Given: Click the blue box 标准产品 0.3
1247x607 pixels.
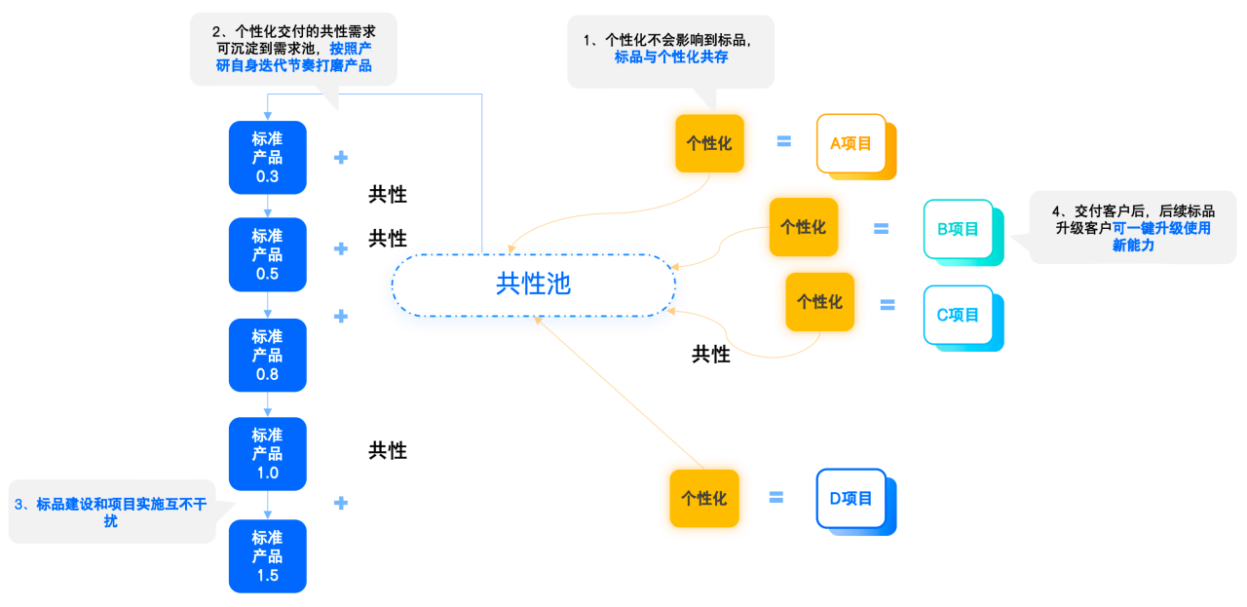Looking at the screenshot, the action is pos(267,158).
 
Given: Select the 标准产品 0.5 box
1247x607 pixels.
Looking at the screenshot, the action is pos(267,254).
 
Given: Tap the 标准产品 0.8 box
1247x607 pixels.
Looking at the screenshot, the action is pos(267,356).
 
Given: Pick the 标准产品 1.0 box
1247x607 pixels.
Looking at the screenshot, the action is pos(267,454).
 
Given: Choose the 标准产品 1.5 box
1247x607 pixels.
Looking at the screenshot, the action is pos(267,556).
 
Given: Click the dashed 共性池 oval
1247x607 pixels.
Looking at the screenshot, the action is pos(533,255).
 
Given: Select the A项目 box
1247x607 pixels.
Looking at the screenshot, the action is pos(851,143).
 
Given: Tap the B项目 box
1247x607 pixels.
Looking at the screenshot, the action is pos(958,229).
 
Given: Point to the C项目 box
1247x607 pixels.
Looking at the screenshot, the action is pos(958,315).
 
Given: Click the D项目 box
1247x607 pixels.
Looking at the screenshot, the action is pos(851,499).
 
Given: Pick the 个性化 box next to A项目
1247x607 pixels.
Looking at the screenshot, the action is pos(709,143).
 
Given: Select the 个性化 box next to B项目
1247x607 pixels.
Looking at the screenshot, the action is pos(804,227).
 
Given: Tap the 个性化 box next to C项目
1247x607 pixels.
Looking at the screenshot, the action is pos(819,302).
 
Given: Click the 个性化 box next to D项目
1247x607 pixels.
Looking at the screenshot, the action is pos(704,499).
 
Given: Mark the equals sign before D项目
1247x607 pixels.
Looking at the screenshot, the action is pos(776,497).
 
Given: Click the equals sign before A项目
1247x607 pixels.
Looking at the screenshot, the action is pos(784,141).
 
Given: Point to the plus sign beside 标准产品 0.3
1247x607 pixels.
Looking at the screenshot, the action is pos(341,158).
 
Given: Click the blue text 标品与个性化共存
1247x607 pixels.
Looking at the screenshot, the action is pos(671,57).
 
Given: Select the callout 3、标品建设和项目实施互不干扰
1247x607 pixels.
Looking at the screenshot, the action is pos(111,512).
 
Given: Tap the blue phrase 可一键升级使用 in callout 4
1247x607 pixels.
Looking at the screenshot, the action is pos(1161,228).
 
